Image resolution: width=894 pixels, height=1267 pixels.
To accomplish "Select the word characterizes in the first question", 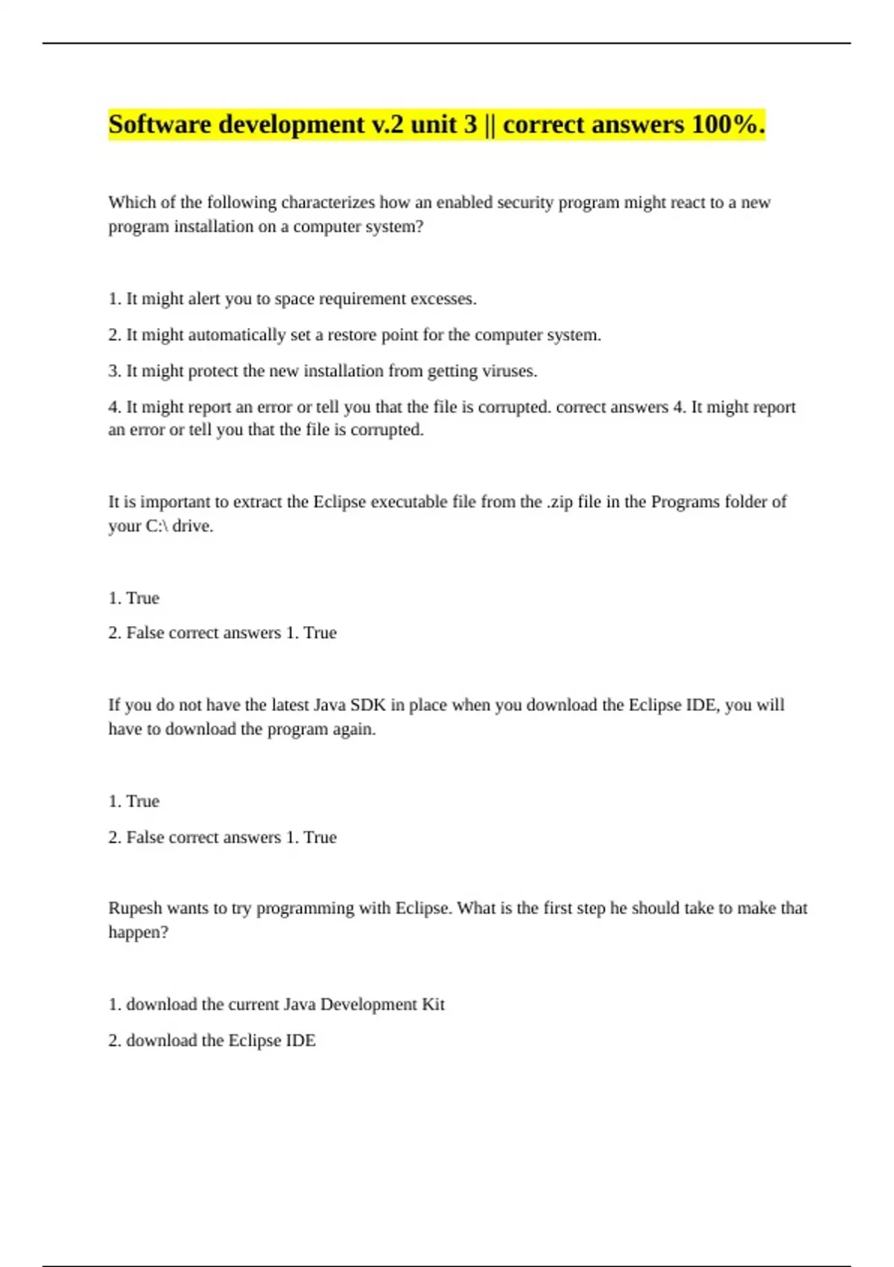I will coord(329,203).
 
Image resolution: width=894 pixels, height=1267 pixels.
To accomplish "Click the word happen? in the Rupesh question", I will coord(139,932).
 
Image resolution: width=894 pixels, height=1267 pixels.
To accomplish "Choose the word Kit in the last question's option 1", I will coord(433,1005).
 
